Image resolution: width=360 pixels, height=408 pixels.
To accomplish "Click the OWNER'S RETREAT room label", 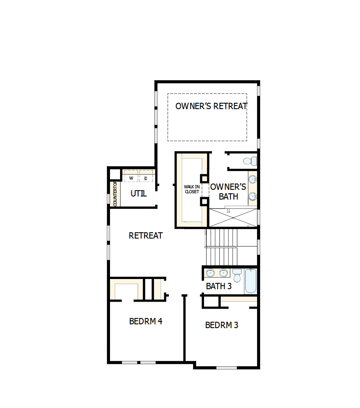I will tap(211, 106).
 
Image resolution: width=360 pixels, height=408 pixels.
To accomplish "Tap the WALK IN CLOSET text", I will tap(192, 189).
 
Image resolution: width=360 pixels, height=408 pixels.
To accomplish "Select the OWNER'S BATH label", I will tap(228, 191).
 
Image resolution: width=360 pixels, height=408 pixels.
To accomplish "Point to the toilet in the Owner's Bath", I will tap(250, 160).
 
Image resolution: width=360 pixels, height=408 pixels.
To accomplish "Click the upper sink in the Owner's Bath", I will tap(253, 180).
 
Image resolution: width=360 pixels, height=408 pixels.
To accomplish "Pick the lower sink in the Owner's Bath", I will tap(253, 196).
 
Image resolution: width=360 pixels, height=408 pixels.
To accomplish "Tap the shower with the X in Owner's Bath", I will tap(233, 218).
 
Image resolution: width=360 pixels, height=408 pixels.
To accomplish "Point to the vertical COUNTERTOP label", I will tap(115, 194).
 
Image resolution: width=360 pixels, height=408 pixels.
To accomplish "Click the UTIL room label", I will tap(138, 193).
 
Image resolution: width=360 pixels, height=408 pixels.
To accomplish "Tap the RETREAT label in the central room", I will tap(145, 236).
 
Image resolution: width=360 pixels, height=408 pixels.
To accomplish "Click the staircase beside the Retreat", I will tap(221, 246).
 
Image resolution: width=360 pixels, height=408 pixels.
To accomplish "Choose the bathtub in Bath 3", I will tap(250, 281).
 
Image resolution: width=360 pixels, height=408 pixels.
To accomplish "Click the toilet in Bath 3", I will tap(237, 276).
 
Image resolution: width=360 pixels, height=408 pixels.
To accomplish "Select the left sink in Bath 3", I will tap(210, 272).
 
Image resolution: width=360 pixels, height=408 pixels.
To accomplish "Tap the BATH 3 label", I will tap(219, 286).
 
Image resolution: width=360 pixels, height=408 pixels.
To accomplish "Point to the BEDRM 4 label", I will tap(145, 321).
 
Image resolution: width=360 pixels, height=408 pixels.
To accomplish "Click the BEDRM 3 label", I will tap(222, 325).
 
